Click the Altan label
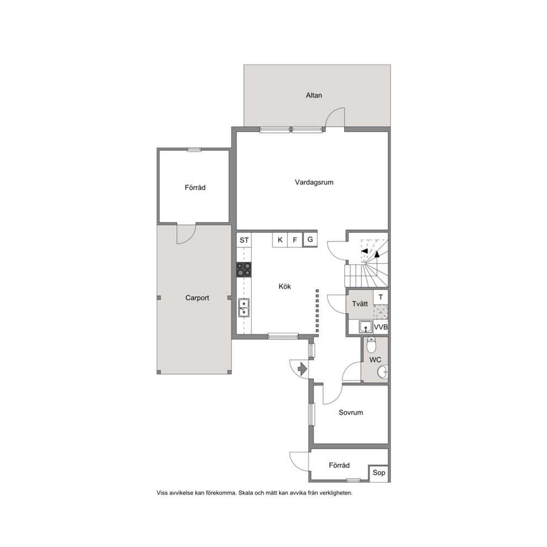click(314, 95)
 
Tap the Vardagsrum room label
click(314, 182)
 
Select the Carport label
click(197, 298)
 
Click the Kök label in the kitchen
click(285, 286)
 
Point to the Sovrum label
click(351, 412)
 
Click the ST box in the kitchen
click(244, 240)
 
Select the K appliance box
click(280, 240)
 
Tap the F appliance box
click(295, 240)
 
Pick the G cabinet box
click(310, 240)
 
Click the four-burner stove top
click(244, 270)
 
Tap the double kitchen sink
click(244, 308)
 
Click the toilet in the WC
click(372, 345)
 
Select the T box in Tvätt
click(380, 297)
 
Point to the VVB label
click(380, 327)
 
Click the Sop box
click(379, 473)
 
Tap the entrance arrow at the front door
click(302, 368)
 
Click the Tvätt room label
click(360, 304)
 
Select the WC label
click(376, 360)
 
